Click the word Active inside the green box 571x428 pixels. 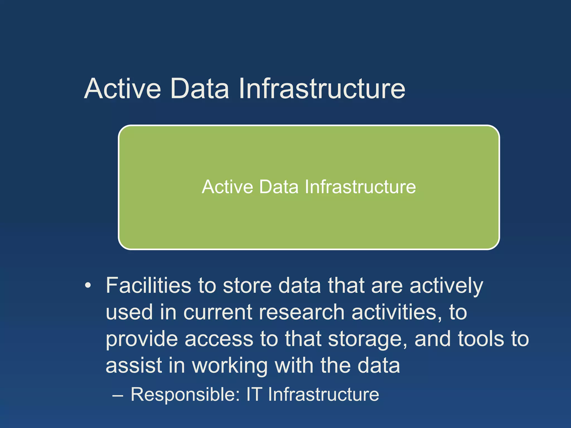tap(228, 187)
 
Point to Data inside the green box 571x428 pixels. tap(279, 187)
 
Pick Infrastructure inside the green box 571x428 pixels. tap(360, 187)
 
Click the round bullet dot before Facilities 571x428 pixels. tap(88, 286)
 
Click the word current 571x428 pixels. tap(218, 312)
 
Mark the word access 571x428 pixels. tap(219, 339)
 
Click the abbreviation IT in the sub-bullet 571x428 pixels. tap(254, 394)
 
